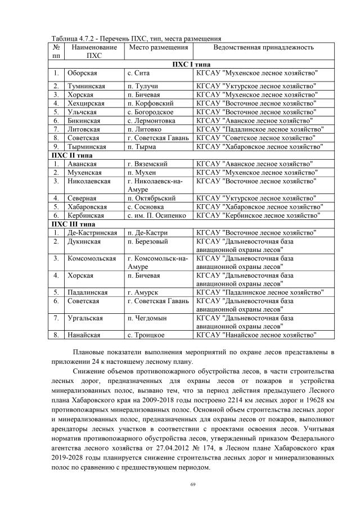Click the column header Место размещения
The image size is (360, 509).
pyautogui.click(x=154, y=48)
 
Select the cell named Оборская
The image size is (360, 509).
pyautogui.click(x=82, y=73)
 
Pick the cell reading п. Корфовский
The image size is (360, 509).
pyautogui.click(x=150, y=103)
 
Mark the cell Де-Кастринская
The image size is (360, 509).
pyautogui.click(x=92, y=232)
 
